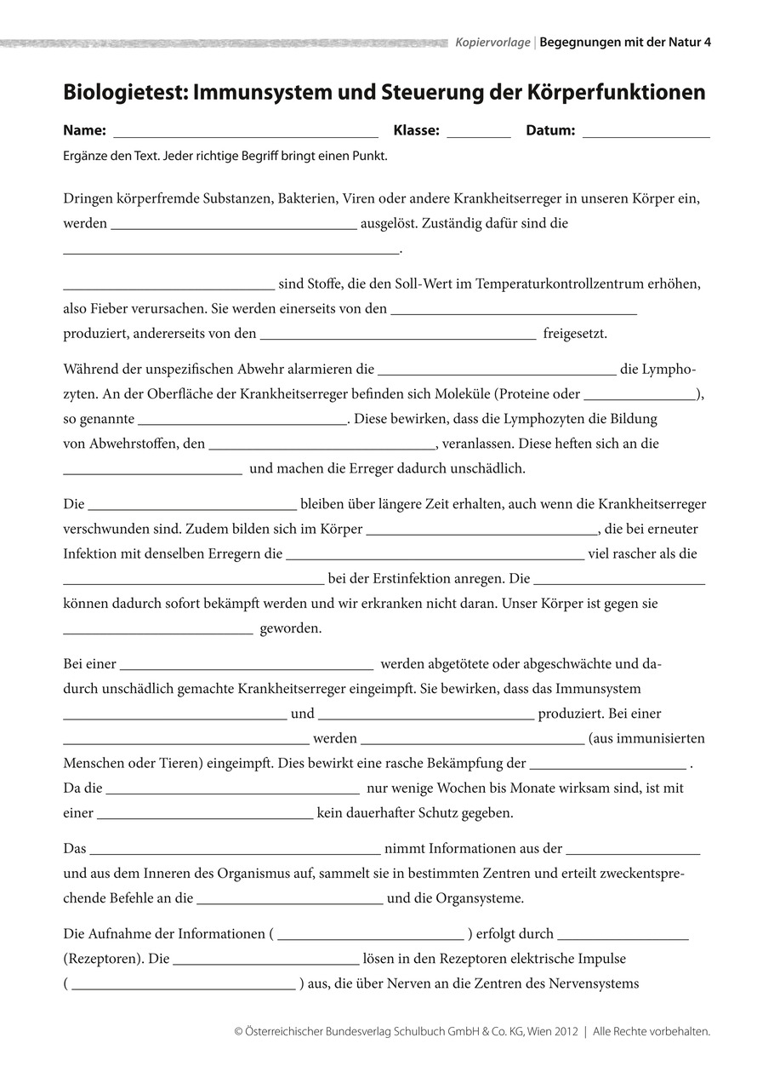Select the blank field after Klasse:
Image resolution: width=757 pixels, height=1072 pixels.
coord(478,133)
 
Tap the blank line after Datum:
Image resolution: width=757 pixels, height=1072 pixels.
coord(646,133)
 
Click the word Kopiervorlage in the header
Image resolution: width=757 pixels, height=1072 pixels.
coord(492,41)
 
